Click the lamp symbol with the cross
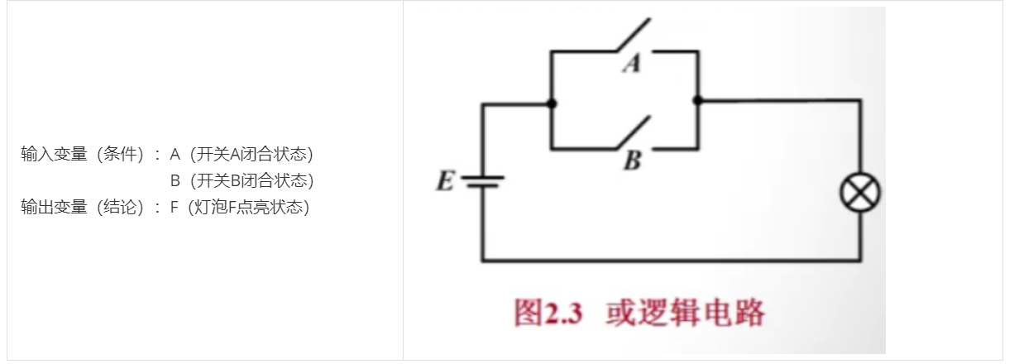click(x=859, y=194)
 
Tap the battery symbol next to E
click(x=482, y=181)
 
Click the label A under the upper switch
click(x=632, y=64)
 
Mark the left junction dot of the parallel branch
click(x=551, y=103)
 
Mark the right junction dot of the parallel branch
click(x=697, y=100)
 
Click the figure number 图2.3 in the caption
click(x=548, y=314)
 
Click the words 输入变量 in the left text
click(x=54, y=154)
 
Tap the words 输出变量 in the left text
click(x=54, y=207)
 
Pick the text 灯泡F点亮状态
click(x=249, y=207)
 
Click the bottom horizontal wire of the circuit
click(x=670, y=261)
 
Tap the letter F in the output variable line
click(x=175, y=207)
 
